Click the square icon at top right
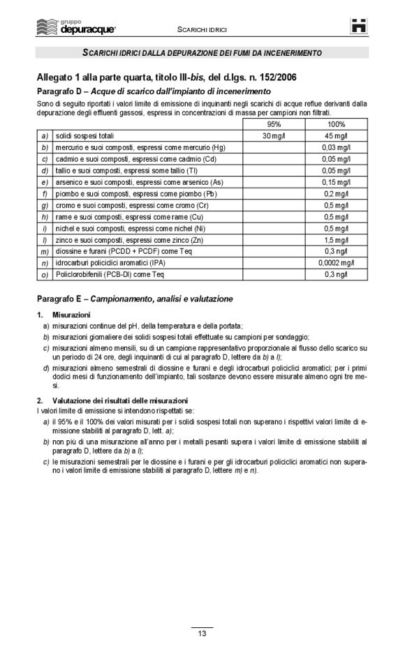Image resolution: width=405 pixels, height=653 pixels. (x=358, y=26)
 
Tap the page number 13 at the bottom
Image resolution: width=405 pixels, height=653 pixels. (x=202, y=633)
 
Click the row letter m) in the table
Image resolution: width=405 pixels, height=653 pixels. (x=45, y=251)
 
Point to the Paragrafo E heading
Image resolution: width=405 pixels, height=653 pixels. (x=135, y=299)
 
